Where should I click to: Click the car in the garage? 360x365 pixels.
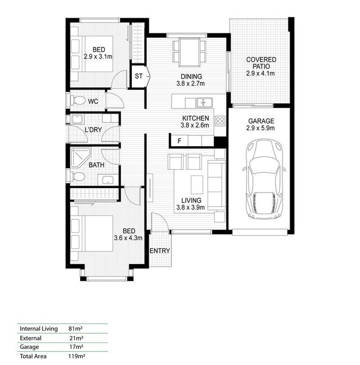coord(264,179)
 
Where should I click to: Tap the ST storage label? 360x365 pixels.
coord(139,76)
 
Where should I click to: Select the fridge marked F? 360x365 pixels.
coord(180,140)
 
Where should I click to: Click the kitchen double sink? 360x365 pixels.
coord(204,103)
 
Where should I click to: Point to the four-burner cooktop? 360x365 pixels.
coord(220,121)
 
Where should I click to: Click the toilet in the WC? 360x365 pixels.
coord(77,101)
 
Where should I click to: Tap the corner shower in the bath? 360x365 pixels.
coord(80,158)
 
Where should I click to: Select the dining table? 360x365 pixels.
coord(189,52)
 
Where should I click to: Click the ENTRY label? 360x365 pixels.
coord(160,251)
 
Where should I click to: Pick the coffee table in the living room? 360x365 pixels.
coord(197,185)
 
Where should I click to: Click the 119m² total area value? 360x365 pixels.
coord(76,356)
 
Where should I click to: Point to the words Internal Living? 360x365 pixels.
coord(39,329)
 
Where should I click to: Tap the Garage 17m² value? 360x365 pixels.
coord(76,347)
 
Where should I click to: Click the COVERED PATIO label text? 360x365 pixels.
coord(261,63)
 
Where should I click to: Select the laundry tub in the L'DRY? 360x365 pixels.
coord(77,119)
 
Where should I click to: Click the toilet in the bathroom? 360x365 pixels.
coord(77,176)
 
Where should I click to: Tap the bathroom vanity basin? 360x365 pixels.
coord(108,180)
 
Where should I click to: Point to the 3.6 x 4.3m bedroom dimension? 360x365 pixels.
coord(128,238)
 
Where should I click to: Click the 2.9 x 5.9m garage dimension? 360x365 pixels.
coord(261,128)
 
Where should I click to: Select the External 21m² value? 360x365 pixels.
coord(76,338)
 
